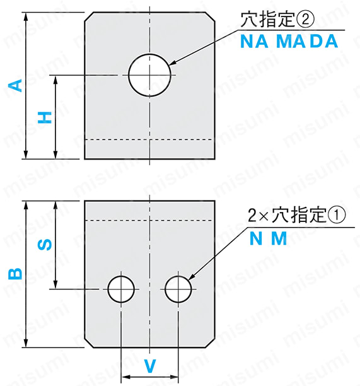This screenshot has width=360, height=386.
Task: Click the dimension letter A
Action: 15,85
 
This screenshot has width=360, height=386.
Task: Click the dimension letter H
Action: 45,117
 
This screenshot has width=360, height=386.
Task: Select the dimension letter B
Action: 15,274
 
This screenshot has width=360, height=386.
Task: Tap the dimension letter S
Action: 45,245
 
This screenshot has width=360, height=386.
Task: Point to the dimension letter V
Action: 150,366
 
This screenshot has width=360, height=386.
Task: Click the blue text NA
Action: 254,42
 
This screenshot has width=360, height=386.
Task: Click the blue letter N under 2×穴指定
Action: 256,238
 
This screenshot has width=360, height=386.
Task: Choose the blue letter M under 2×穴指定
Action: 279,238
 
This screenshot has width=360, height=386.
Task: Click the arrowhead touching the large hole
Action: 173,62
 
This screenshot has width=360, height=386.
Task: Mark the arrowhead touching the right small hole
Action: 192,276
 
